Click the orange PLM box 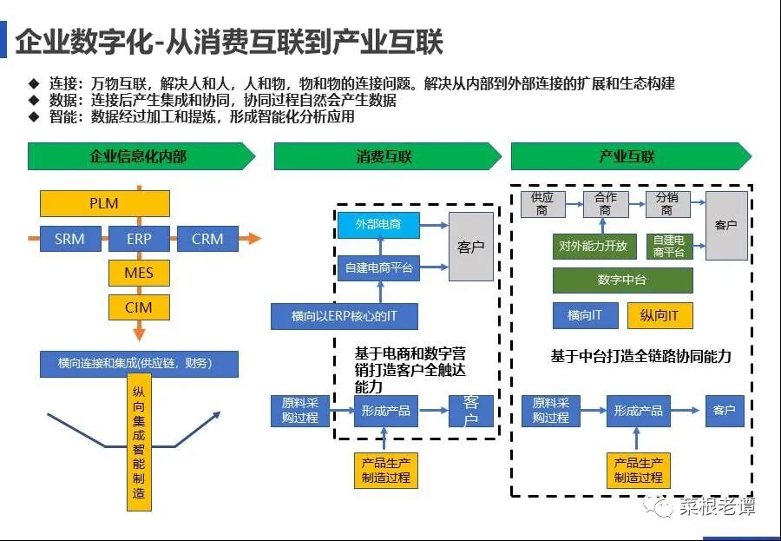click(104, 204)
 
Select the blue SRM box click(70, 238)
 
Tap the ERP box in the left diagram click(139, 238)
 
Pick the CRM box click(207, 238)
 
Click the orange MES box click(139, 273)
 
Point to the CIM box click(139, 307)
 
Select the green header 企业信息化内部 click(139, 157)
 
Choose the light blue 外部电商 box click(377, 225)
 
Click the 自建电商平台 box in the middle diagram click(377, 268)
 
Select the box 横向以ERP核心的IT click(345, 316)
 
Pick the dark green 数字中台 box click(622, 280)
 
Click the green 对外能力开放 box click(594, 246)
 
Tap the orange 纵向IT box click(660, 315)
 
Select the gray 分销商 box click(670, 204)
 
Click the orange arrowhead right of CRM click(252, 238)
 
